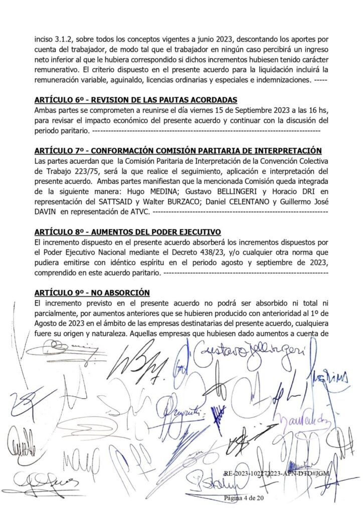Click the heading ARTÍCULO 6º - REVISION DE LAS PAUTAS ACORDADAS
point(135,99)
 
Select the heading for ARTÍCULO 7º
point(178,151)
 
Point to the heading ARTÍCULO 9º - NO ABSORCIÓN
point(92,293)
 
